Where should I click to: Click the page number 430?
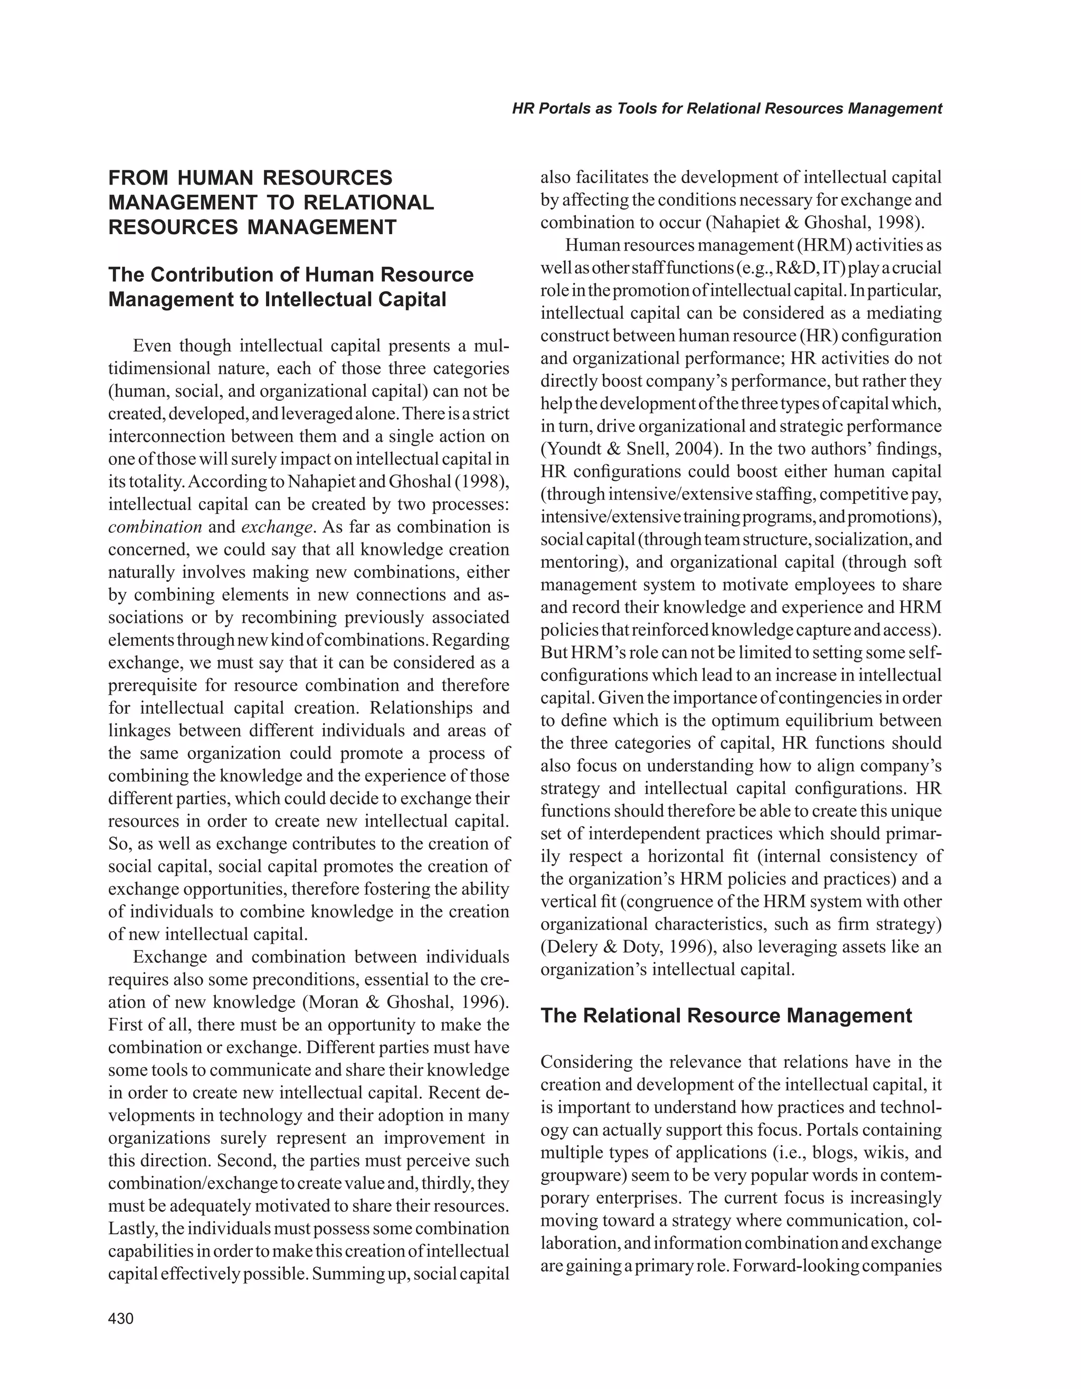tap(121, 1318)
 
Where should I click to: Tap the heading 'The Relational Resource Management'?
tap(726, 1015)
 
